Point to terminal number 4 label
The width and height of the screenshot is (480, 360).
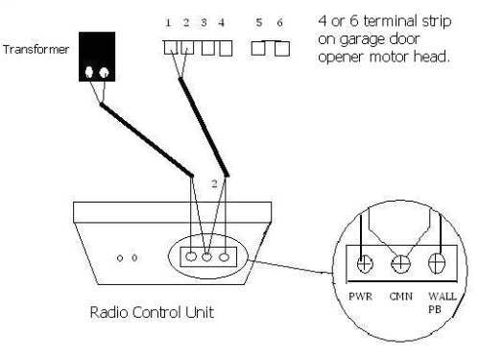click(x=223, y=21)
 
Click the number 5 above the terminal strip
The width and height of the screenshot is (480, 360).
click(x=256, y=21)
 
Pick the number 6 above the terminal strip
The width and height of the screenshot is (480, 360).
click(x=280, y=21)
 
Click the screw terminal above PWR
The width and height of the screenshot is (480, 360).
click(x=366, y=261)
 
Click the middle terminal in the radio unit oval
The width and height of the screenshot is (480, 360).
click(x=207, y=257)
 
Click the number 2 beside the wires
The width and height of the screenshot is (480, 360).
click(x=214, y=181)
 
